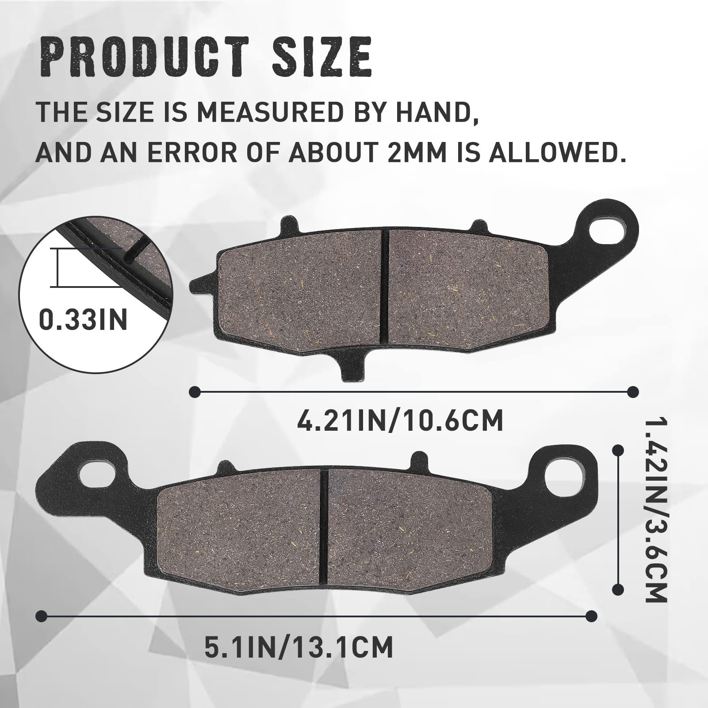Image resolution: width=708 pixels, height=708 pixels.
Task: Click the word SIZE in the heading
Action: tap(321, 57)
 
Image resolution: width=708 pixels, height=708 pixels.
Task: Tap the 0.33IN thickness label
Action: tap(84, 319)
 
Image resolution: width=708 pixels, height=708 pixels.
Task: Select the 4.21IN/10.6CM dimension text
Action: tap(400, 421)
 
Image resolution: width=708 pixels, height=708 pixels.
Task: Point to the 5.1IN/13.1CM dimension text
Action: tap(299, 648)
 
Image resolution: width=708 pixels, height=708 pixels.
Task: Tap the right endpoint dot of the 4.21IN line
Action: tap(633, 392)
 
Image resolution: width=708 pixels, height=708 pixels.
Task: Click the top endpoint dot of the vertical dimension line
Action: tap(618, 450)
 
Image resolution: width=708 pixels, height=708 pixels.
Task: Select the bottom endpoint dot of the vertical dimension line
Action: tap(618, 589)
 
